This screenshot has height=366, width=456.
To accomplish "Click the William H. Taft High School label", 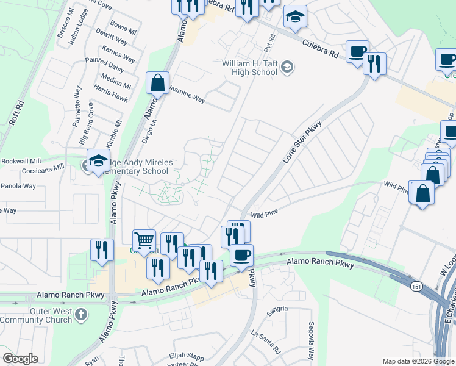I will [x=249, y=68].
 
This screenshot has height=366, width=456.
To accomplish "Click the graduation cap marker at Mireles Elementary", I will [x=98, y=161].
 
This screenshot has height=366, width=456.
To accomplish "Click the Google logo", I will [x=20, y=359].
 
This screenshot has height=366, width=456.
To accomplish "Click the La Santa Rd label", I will [x=265, y=342].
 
